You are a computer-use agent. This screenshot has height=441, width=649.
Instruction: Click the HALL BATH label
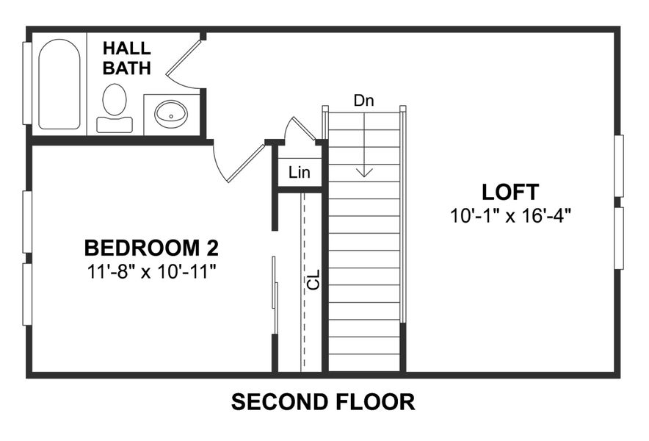pos(127,59)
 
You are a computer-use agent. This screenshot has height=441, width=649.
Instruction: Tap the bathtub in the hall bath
pos(59,85)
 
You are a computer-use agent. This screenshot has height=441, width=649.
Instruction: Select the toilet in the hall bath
pos(114,107)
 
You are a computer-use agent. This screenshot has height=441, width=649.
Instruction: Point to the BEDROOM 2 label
pos(151,247)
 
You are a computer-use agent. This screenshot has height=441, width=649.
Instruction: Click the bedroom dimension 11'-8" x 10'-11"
pos(151,272)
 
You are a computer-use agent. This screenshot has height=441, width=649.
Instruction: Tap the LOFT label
pos(510,193)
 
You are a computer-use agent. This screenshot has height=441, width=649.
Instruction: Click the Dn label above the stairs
pos(363,101)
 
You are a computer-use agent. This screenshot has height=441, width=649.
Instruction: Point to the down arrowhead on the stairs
pos(364,173)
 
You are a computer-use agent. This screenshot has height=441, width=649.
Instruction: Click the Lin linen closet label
pos(299,173)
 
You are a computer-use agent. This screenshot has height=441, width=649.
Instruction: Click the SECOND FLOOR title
pos(323,402)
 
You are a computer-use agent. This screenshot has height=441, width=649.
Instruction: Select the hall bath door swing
pos(184,59)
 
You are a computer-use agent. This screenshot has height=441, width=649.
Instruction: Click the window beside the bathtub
pos(26,83)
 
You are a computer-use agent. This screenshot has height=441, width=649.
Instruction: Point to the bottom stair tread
pos(364,363)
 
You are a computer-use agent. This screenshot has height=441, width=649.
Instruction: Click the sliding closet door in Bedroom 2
pos(275,294)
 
